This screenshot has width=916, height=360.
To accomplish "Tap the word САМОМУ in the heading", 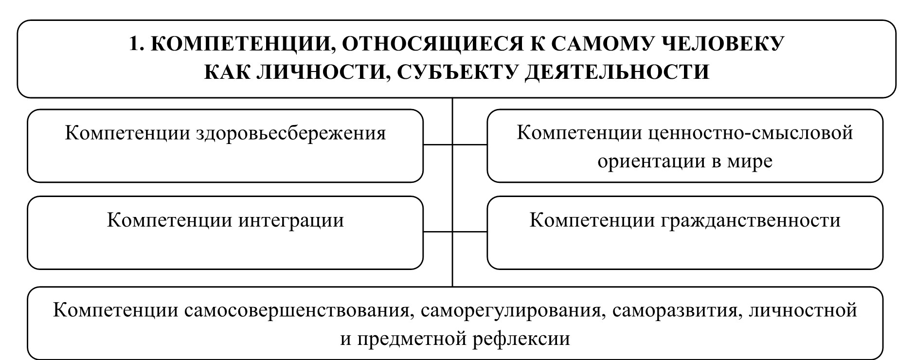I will pyautogui.click(x=602, y=44).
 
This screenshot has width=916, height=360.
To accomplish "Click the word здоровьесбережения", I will pyautogui.click(x=290, y=133).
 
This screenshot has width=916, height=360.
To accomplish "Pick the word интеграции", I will pyautogui.click(x=291, y=220).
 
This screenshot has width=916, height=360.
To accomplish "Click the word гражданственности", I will pyautogui.click(x=751, y=220).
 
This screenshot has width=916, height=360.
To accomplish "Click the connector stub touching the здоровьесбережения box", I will pyautogui.click(x=437, y=144).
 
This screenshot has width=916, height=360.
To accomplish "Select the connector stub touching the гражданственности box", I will pyautogui.click(x=470, y=232).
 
